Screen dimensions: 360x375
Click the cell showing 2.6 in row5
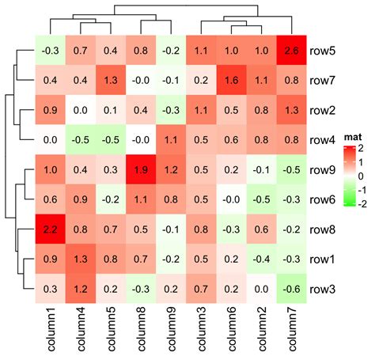[290, 50]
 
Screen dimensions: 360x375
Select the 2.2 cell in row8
[49, 229]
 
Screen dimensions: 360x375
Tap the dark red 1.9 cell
[140, 169]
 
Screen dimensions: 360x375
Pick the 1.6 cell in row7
[230, 79]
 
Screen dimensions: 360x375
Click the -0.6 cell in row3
[290, 288]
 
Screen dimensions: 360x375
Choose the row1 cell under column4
[79, 259]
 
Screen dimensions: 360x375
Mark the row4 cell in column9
[170, 139]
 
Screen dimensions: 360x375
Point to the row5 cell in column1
[49, 50]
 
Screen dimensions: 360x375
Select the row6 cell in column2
[260, 199]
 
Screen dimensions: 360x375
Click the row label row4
[323, 140]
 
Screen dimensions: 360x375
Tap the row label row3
[323, 289]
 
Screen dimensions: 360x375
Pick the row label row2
[323, 110]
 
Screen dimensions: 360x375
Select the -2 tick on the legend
[363, 203]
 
